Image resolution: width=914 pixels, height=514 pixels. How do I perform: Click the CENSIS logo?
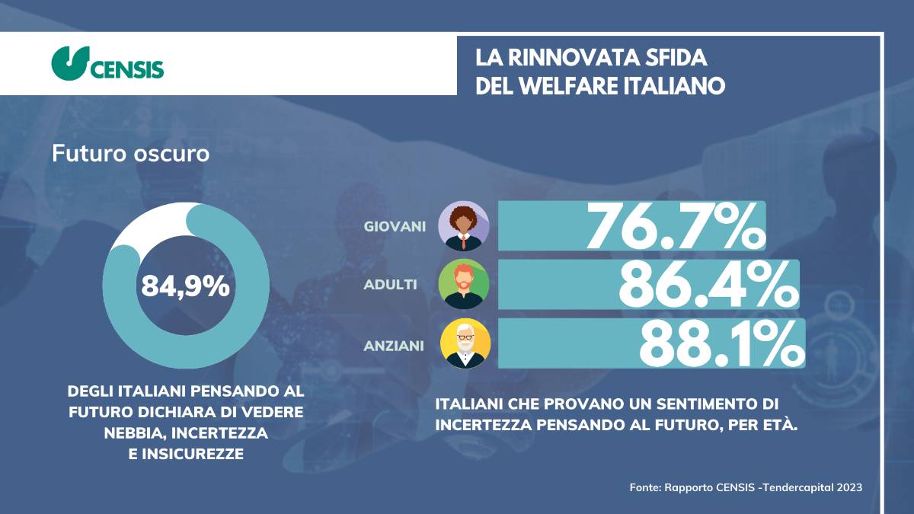click(107, 64)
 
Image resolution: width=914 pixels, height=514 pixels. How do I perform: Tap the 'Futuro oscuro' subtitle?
click(130, 153)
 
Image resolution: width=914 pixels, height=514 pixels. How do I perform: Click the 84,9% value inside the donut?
click(185, 286)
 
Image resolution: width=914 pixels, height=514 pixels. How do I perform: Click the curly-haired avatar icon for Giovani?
click(464, 226)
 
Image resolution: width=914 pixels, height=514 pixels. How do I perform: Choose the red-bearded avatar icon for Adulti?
click(465, 284)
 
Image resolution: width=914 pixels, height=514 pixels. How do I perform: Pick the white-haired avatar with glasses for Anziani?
click(465, 343)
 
